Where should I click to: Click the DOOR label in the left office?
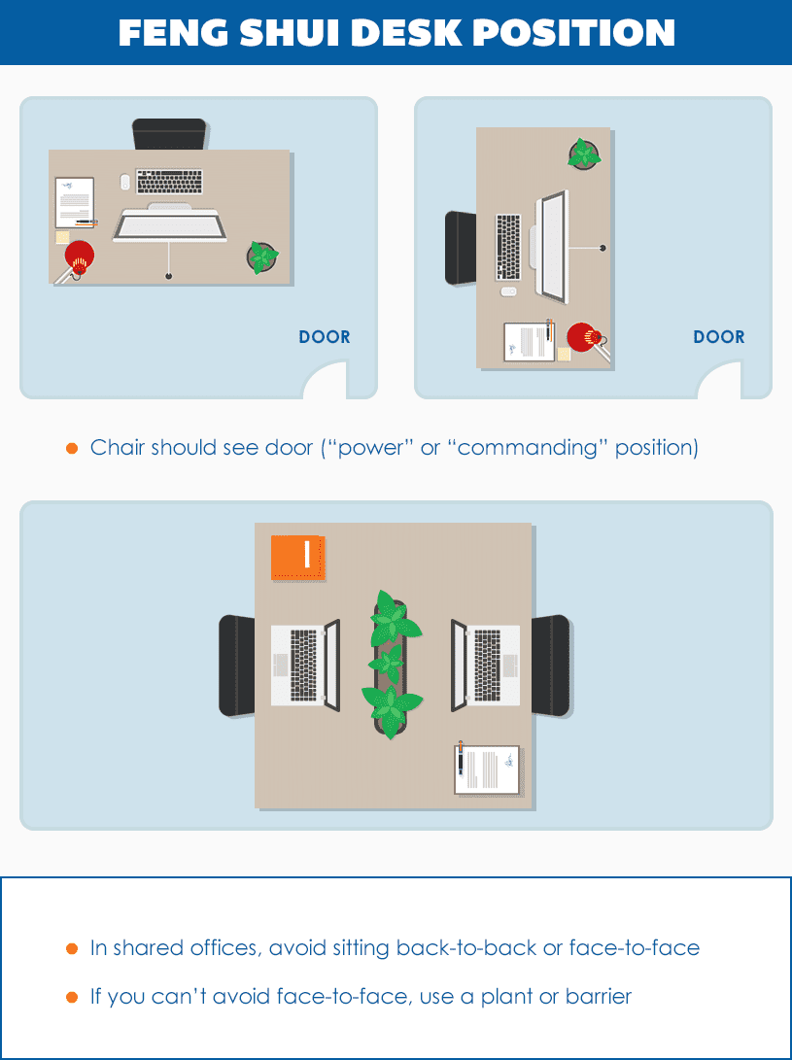click(325, 337)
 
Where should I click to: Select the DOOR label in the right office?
click(719, 337)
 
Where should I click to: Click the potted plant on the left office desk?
click(262, 256)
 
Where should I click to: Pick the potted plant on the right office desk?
click(584, 154)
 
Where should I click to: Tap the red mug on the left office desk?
click(79, 257)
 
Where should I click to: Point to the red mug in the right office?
click(582, 337)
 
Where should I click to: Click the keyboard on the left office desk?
click(170, 182)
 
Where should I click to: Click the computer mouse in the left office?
click(124, 182)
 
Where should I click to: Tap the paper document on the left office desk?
click(75, 201)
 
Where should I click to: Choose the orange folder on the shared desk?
click(298, 558)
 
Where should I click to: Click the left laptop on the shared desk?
click(304, 666)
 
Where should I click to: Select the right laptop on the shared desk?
click(486, 666)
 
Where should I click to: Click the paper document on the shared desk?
click(488, 769)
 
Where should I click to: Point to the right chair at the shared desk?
click(551, 666)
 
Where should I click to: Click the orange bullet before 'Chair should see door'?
click(71, 448)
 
